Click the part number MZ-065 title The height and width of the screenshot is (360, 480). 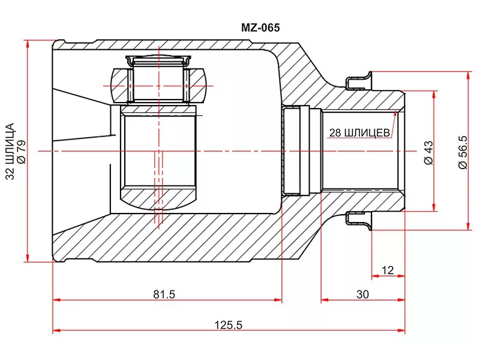click(x=260, y=28)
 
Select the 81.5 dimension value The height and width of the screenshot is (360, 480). click(x=164, y=294)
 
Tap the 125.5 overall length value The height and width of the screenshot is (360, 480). click(x=229, y=325)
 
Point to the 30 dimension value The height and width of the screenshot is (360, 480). click(x=363, y=294)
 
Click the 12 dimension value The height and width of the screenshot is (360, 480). click(x=388, y=271)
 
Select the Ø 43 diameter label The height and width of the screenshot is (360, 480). click(x=429, y=152)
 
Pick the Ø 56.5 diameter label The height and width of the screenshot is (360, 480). click(x=463, y=152)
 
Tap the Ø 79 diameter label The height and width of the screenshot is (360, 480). click(x=22, y=152)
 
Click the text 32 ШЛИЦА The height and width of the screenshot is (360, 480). click(x=10, y=151)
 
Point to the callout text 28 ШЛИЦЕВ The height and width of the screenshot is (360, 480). click(x=359, y=133)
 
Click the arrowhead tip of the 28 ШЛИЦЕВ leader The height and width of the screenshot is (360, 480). click(x=396, y=111)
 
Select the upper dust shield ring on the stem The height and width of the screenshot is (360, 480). click(x=359, y=81)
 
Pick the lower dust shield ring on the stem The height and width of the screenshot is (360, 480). click(x=359, y=221)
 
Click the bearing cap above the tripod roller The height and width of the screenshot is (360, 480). click(x=159, y=61)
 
